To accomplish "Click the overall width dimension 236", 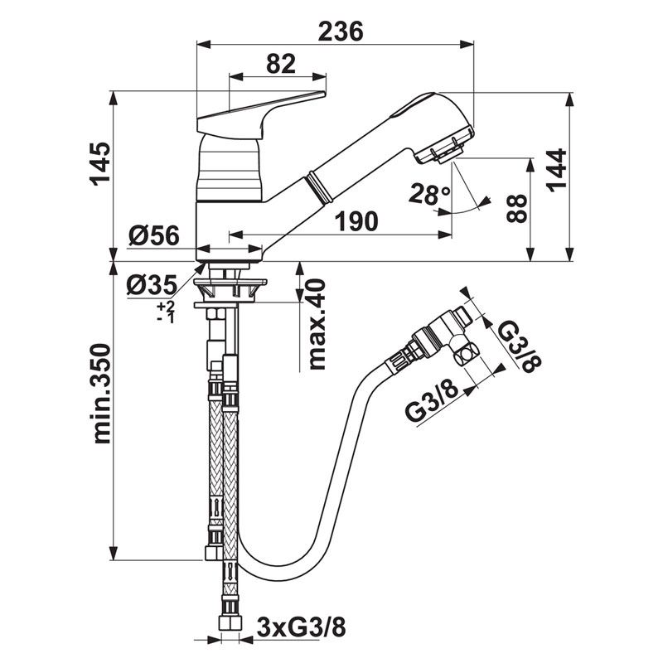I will [x=340, y=31].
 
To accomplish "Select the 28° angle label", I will [x=429, y=195].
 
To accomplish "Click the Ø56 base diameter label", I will [x=154, y=236].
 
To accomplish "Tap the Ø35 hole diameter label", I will [x=151, y=286].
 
